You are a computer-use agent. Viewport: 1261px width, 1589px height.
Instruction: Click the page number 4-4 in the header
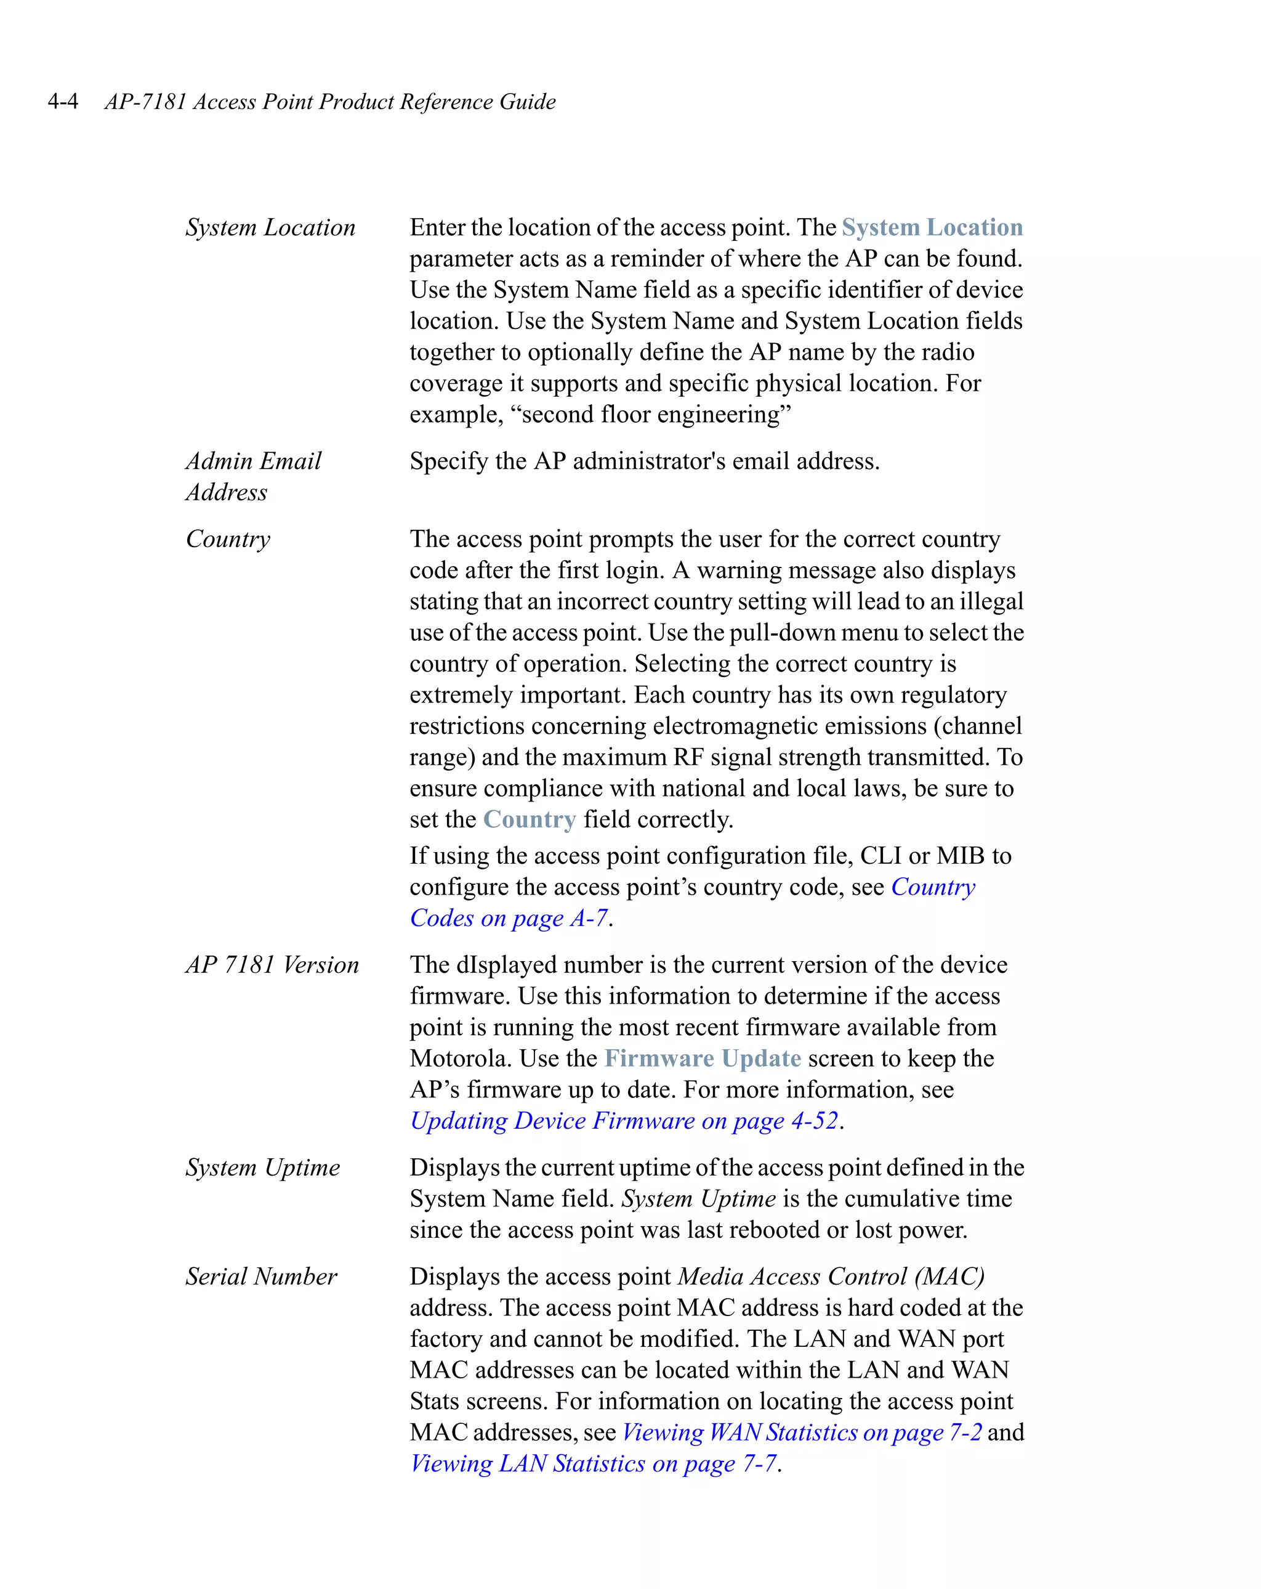click(63, 101)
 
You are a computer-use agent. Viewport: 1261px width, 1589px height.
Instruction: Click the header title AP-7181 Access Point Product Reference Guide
click(329, 101)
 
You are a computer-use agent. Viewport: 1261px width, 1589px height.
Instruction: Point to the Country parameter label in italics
click(228, 538)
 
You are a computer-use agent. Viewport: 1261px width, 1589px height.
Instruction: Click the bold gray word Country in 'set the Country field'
click(529, 819)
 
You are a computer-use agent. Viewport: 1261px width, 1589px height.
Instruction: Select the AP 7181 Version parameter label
click(272, 965)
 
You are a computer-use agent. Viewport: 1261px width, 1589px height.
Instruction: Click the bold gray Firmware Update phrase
click(702, 1059)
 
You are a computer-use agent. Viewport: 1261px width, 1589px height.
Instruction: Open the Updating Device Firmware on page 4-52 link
click(624, 1121)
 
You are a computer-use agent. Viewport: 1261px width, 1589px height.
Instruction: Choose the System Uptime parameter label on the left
click(262, 1168)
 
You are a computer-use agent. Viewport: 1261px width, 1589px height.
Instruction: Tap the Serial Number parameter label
click(260, 1277)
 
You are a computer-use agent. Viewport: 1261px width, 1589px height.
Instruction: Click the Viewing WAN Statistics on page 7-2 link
click(802, 1432)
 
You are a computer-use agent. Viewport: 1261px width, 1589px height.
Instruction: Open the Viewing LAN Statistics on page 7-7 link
click(593, 1464)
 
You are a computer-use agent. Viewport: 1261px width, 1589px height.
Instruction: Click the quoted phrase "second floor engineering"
click(656, 415)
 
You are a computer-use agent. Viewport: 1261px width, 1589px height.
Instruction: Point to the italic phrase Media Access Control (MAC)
click(831, 1277)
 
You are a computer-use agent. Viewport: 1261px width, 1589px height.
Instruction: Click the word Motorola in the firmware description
click(461, 1059)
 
